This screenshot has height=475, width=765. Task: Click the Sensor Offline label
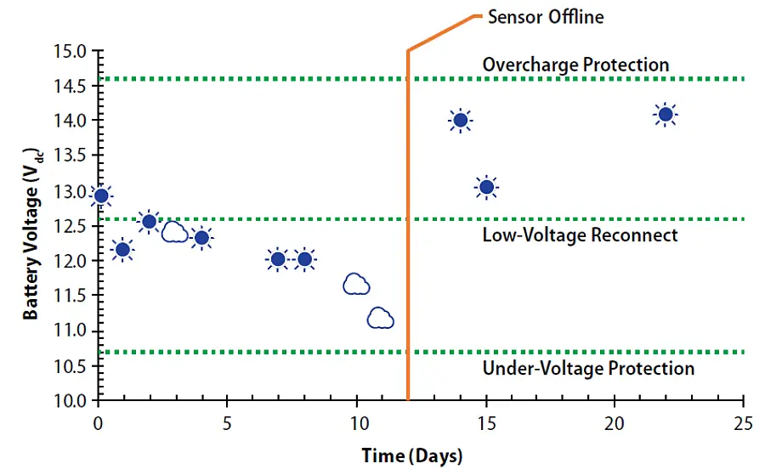(x=545, y=16)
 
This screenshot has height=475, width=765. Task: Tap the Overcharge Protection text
(x=575, y=65)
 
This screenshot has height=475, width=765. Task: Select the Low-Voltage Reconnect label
(x=580, y=235)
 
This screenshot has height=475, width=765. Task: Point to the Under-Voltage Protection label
(x=588, y=368)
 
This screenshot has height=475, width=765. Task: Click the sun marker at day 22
(x=666, y=115)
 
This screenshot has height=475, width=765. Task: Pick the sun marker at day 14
(x=461, y=120)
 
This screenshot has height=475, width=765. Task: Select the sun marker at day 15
(x=486, y=187)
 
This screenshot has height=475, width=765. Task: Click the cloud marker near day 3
(x=175, y=232)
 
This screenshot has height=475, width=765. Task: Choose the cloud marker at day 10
(x=356, y=284)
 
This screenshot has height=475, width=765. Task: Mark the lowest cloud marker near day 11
(x=380, y=319)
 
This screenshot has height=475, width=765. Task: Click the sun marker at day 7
(x=278, y=259)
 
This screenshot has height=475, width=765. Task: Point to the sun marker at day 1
(x=122, y=249)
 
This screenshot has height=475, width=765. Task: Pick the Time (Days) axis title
(x=412, y=456)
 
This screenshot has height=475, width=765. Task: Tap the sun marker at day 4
(x=201, y=238)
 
